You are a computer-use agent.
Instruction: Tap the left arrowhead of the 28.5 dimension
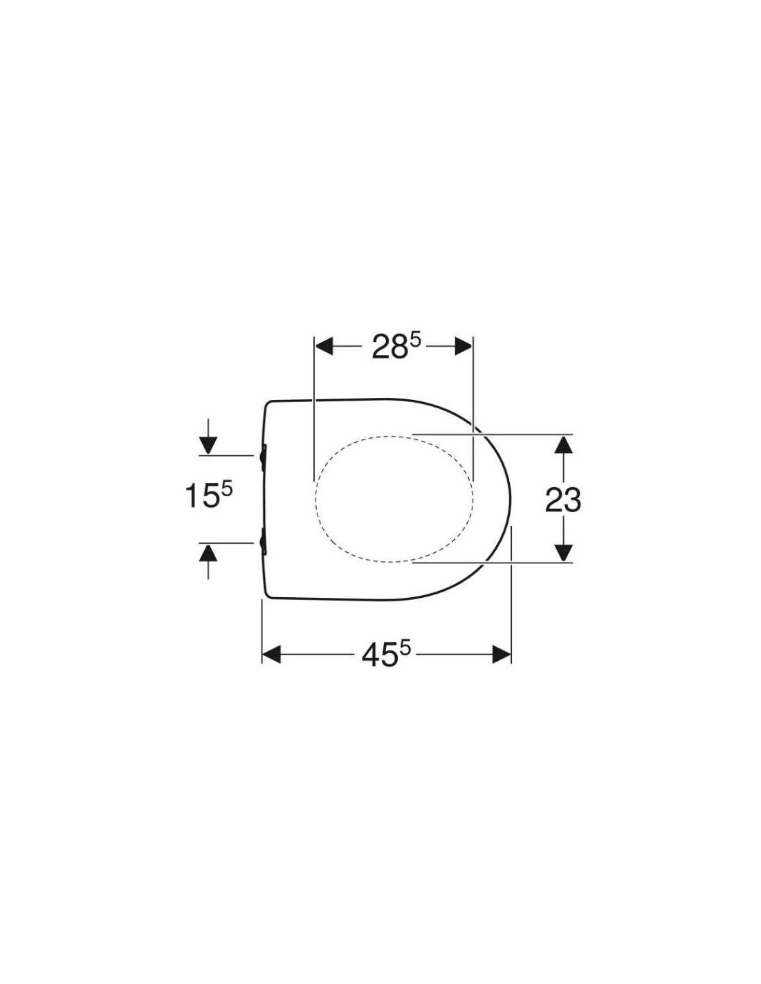(324, 348)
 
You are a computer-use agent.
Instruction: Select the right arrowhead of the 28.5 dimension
(463, 348)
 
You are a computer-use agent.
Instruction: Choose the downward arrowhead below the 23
(562, 554)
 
